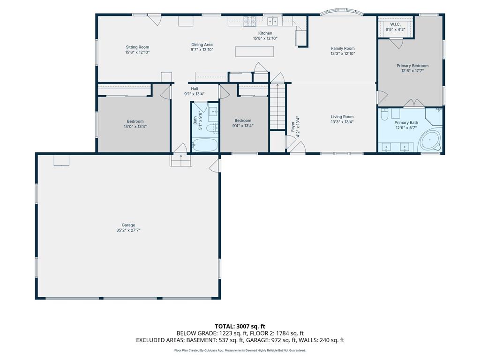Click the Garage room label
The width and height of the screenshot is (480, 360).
128,225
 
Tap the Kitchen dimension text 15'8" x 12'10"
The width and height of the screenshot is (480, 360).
265,38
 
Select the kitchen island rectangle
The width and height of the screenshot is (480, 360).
255,52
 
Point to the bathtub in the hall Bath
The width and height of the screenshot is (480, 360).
205,145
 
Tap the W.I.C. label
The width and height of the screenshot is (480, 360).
395,24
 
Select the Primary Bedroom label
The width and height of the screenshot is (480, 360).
412,66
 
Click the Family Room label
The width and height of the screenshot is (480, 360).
343,48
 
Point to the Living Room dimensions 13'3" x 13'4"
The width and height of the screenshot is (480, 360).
342,122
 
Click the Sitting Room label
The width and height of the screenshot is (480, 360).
137,47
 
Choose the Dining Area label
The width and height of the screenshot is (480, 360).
202,45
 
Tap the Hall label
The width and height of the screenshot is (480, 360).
195,89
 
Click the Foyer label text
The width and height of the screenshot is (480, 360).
292,127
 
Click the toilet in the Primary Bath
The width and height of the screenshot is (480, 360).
385,114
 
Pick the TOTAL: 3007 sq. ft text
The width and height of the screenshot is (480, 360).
240,326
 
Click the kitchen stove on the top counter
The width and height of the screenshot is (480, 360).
249,21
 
